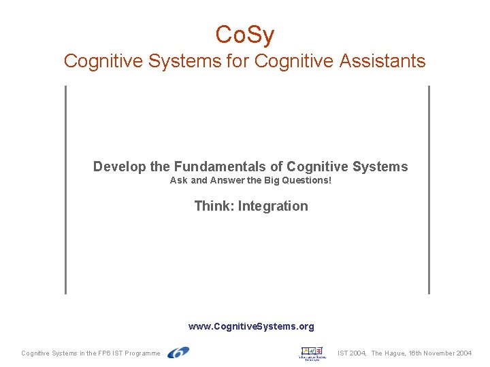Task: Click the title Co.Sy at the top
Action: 244,33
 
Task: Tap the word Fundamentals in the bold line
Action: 228,167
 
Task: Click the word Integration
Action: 273,206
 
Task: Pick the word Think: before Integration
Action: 214,206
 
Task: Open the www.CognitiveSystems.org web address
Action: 251,326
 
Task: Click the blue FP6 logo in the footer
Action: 178,352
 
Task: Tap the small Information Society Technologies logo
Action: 312,353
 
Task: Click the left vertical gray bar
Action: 66,190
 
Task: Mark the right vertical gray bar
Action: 429,190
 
